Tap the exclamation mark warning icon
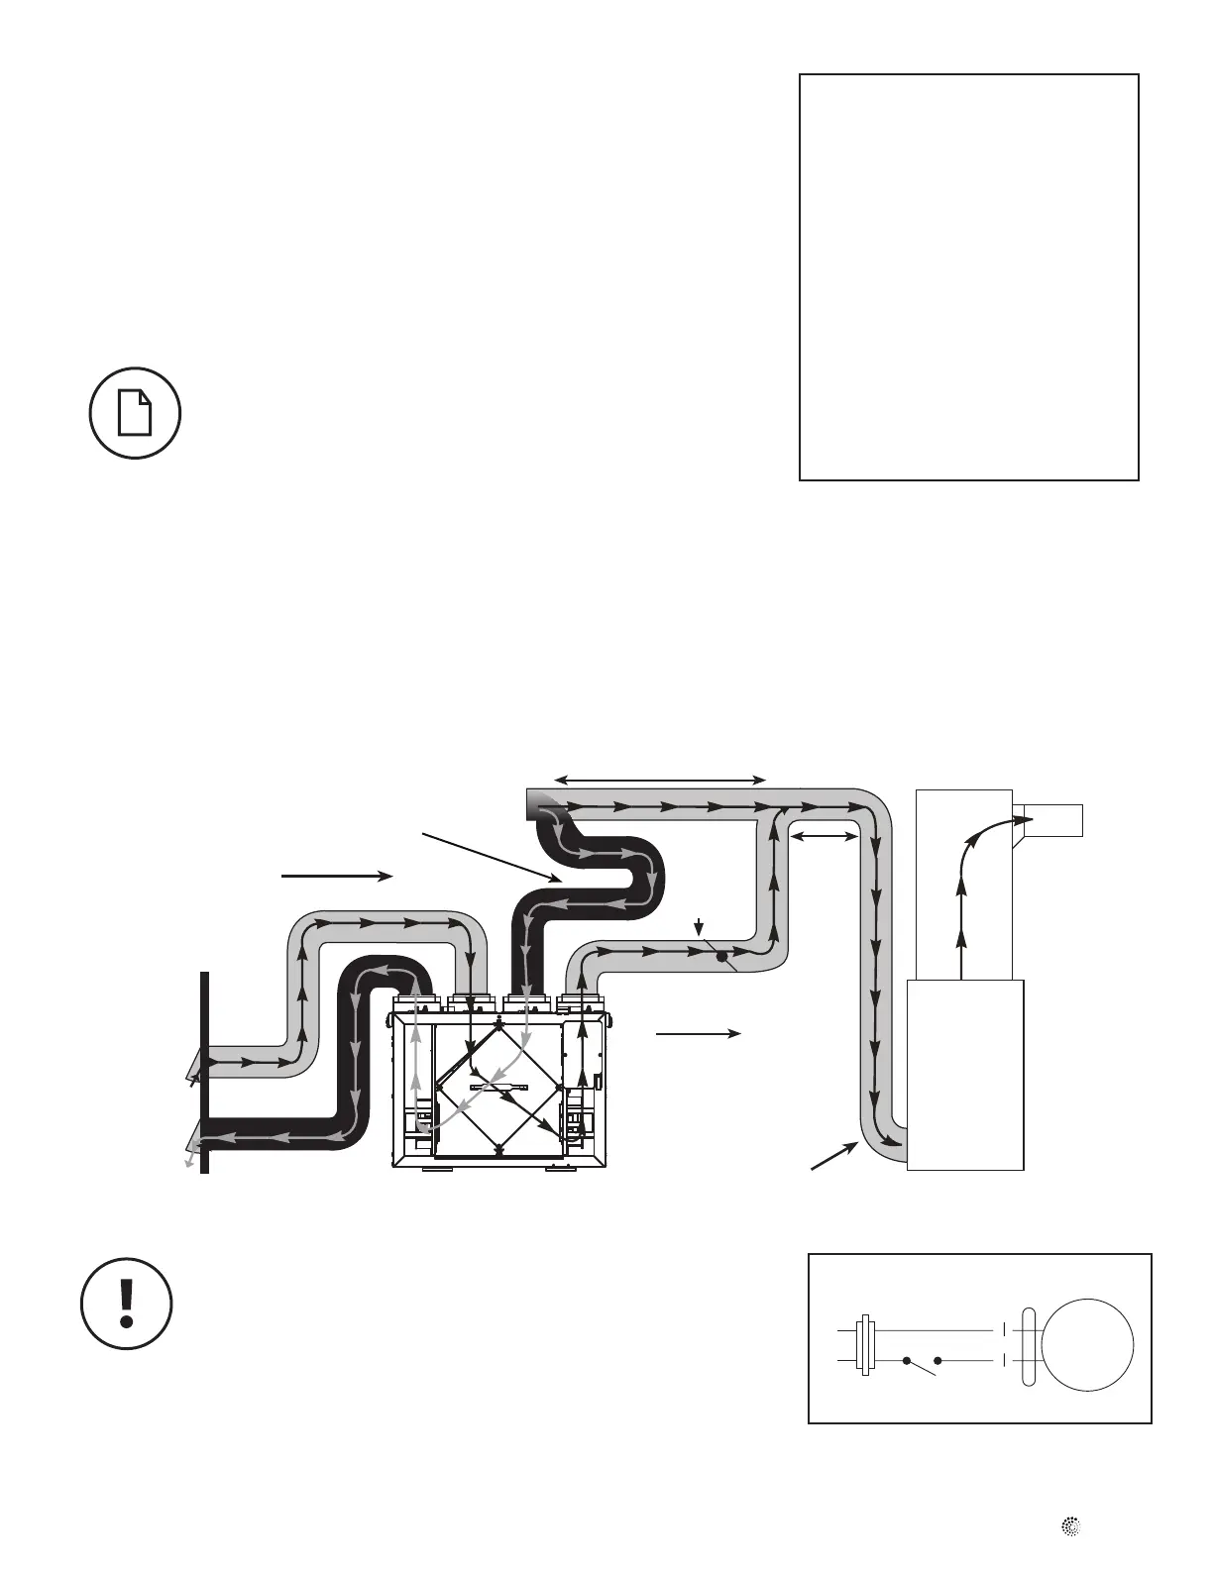point(126,1304)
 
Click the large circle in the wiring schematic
point(1088,1344)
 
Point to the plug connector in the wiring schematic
point(865,1345)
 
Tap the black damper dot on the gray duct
point(721,957)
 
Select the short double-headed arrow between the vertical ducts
point(823,838)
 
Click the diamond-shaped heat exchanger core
point(497,1088)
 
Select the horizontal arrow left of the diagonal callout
point(338,876)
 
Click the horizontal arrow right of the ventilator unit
point(699,1033)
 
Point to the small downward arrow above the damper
point(700,928)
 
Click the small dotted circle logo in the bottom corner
point(1070,1528)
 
